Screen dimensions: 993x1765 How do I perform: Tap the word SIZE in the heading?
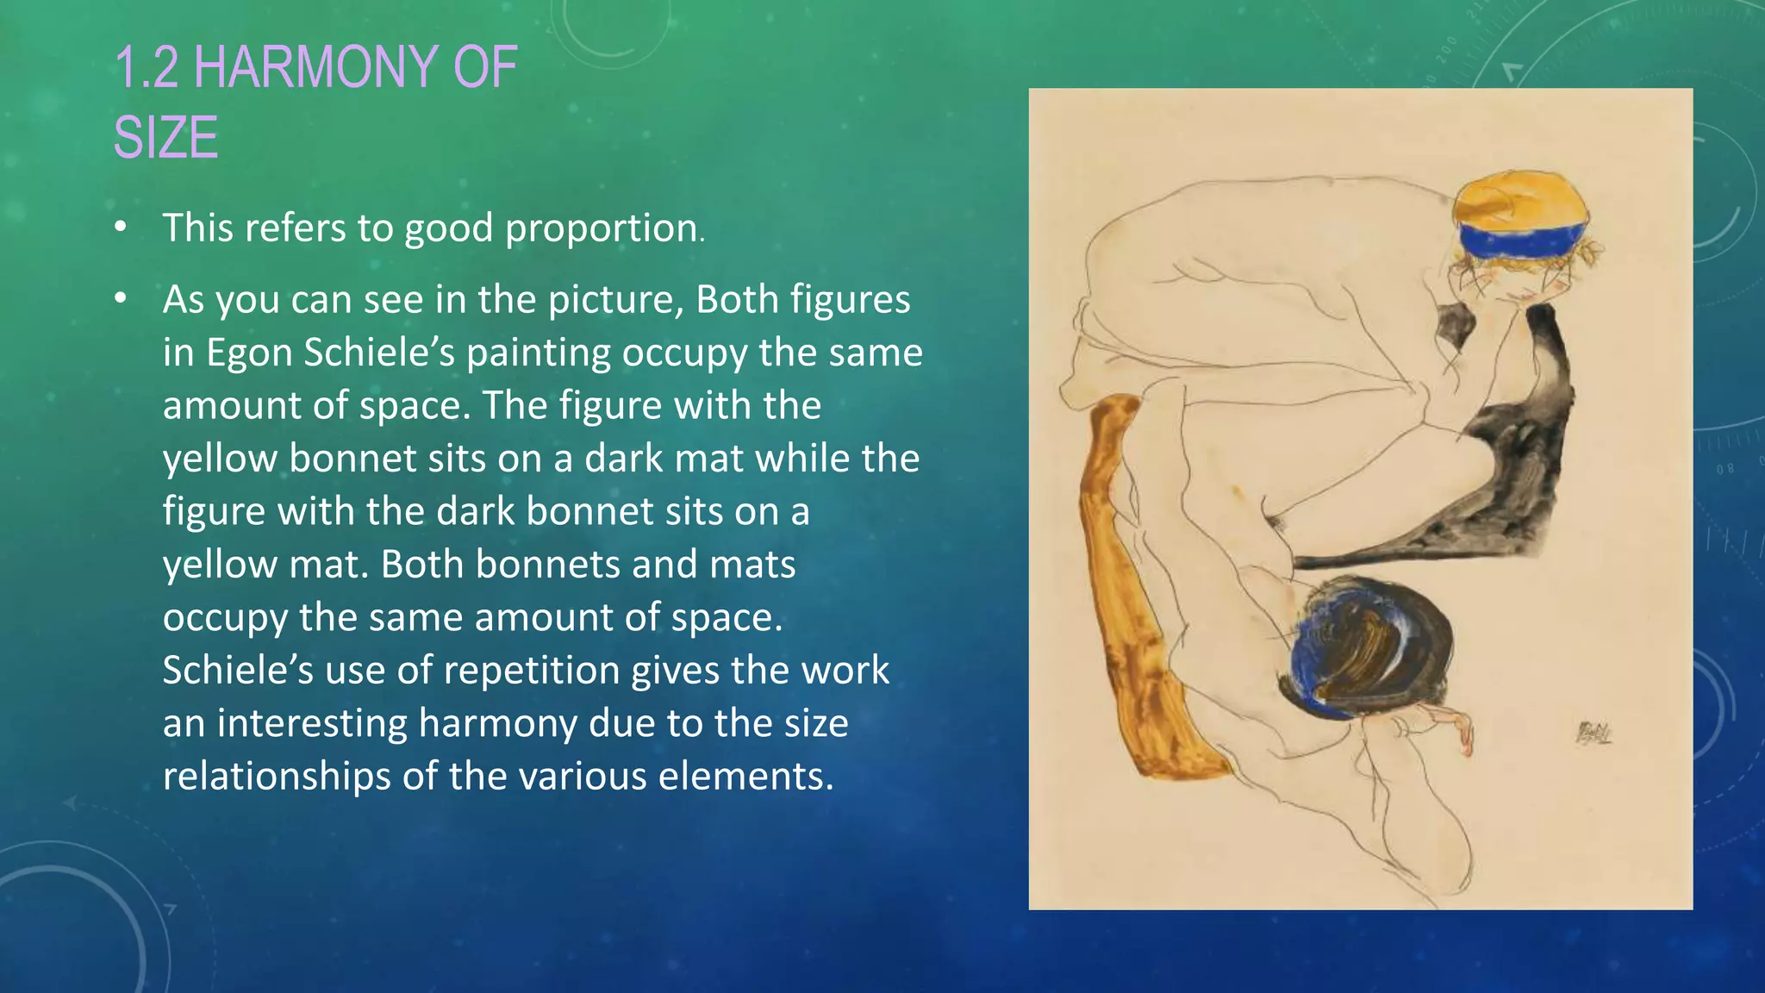pyautogui.click(x=165, y=138)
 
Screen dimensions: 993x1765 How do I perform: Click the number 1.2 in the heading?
pyautogui.click(x=147, y=68)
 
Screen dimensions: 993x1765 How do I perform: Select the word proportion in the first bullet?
pyautogui.click(x=602, y=228)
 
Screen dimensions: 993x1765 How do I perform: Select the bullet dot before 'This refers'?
pyautogui.click(x=121, y=228)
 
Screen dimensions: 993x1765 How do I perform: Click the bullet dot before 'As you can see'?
pyautogui.click(x=121, y=299)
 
